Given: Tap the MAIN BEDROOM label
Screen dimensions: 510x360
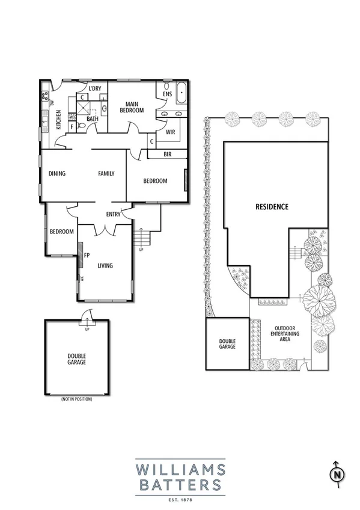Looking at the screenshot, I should [132, 107].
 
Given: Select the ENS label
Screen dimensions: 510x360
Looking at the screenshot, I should [167, 94].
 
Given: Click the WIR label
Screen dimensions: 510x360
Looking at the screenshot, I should [170, 131].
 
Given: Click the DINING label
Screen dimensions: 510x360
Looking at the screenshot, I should [57, 174].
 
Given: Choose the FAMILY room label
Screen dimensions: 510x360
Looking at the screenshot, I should [106, 174].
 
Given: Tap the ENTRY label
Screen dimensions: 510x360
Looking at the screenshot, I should [113, 214].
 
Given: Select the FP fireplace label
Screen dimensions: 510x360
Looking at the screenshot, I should [87, 254].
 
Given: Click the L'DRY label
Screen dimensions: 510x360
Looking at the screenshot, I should [94, 89].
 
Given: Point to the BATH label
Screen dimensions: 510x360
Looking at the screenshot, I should [93, 119].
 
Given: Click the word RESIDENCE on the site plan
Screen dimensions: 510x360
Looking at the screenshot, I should [272, 206].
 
